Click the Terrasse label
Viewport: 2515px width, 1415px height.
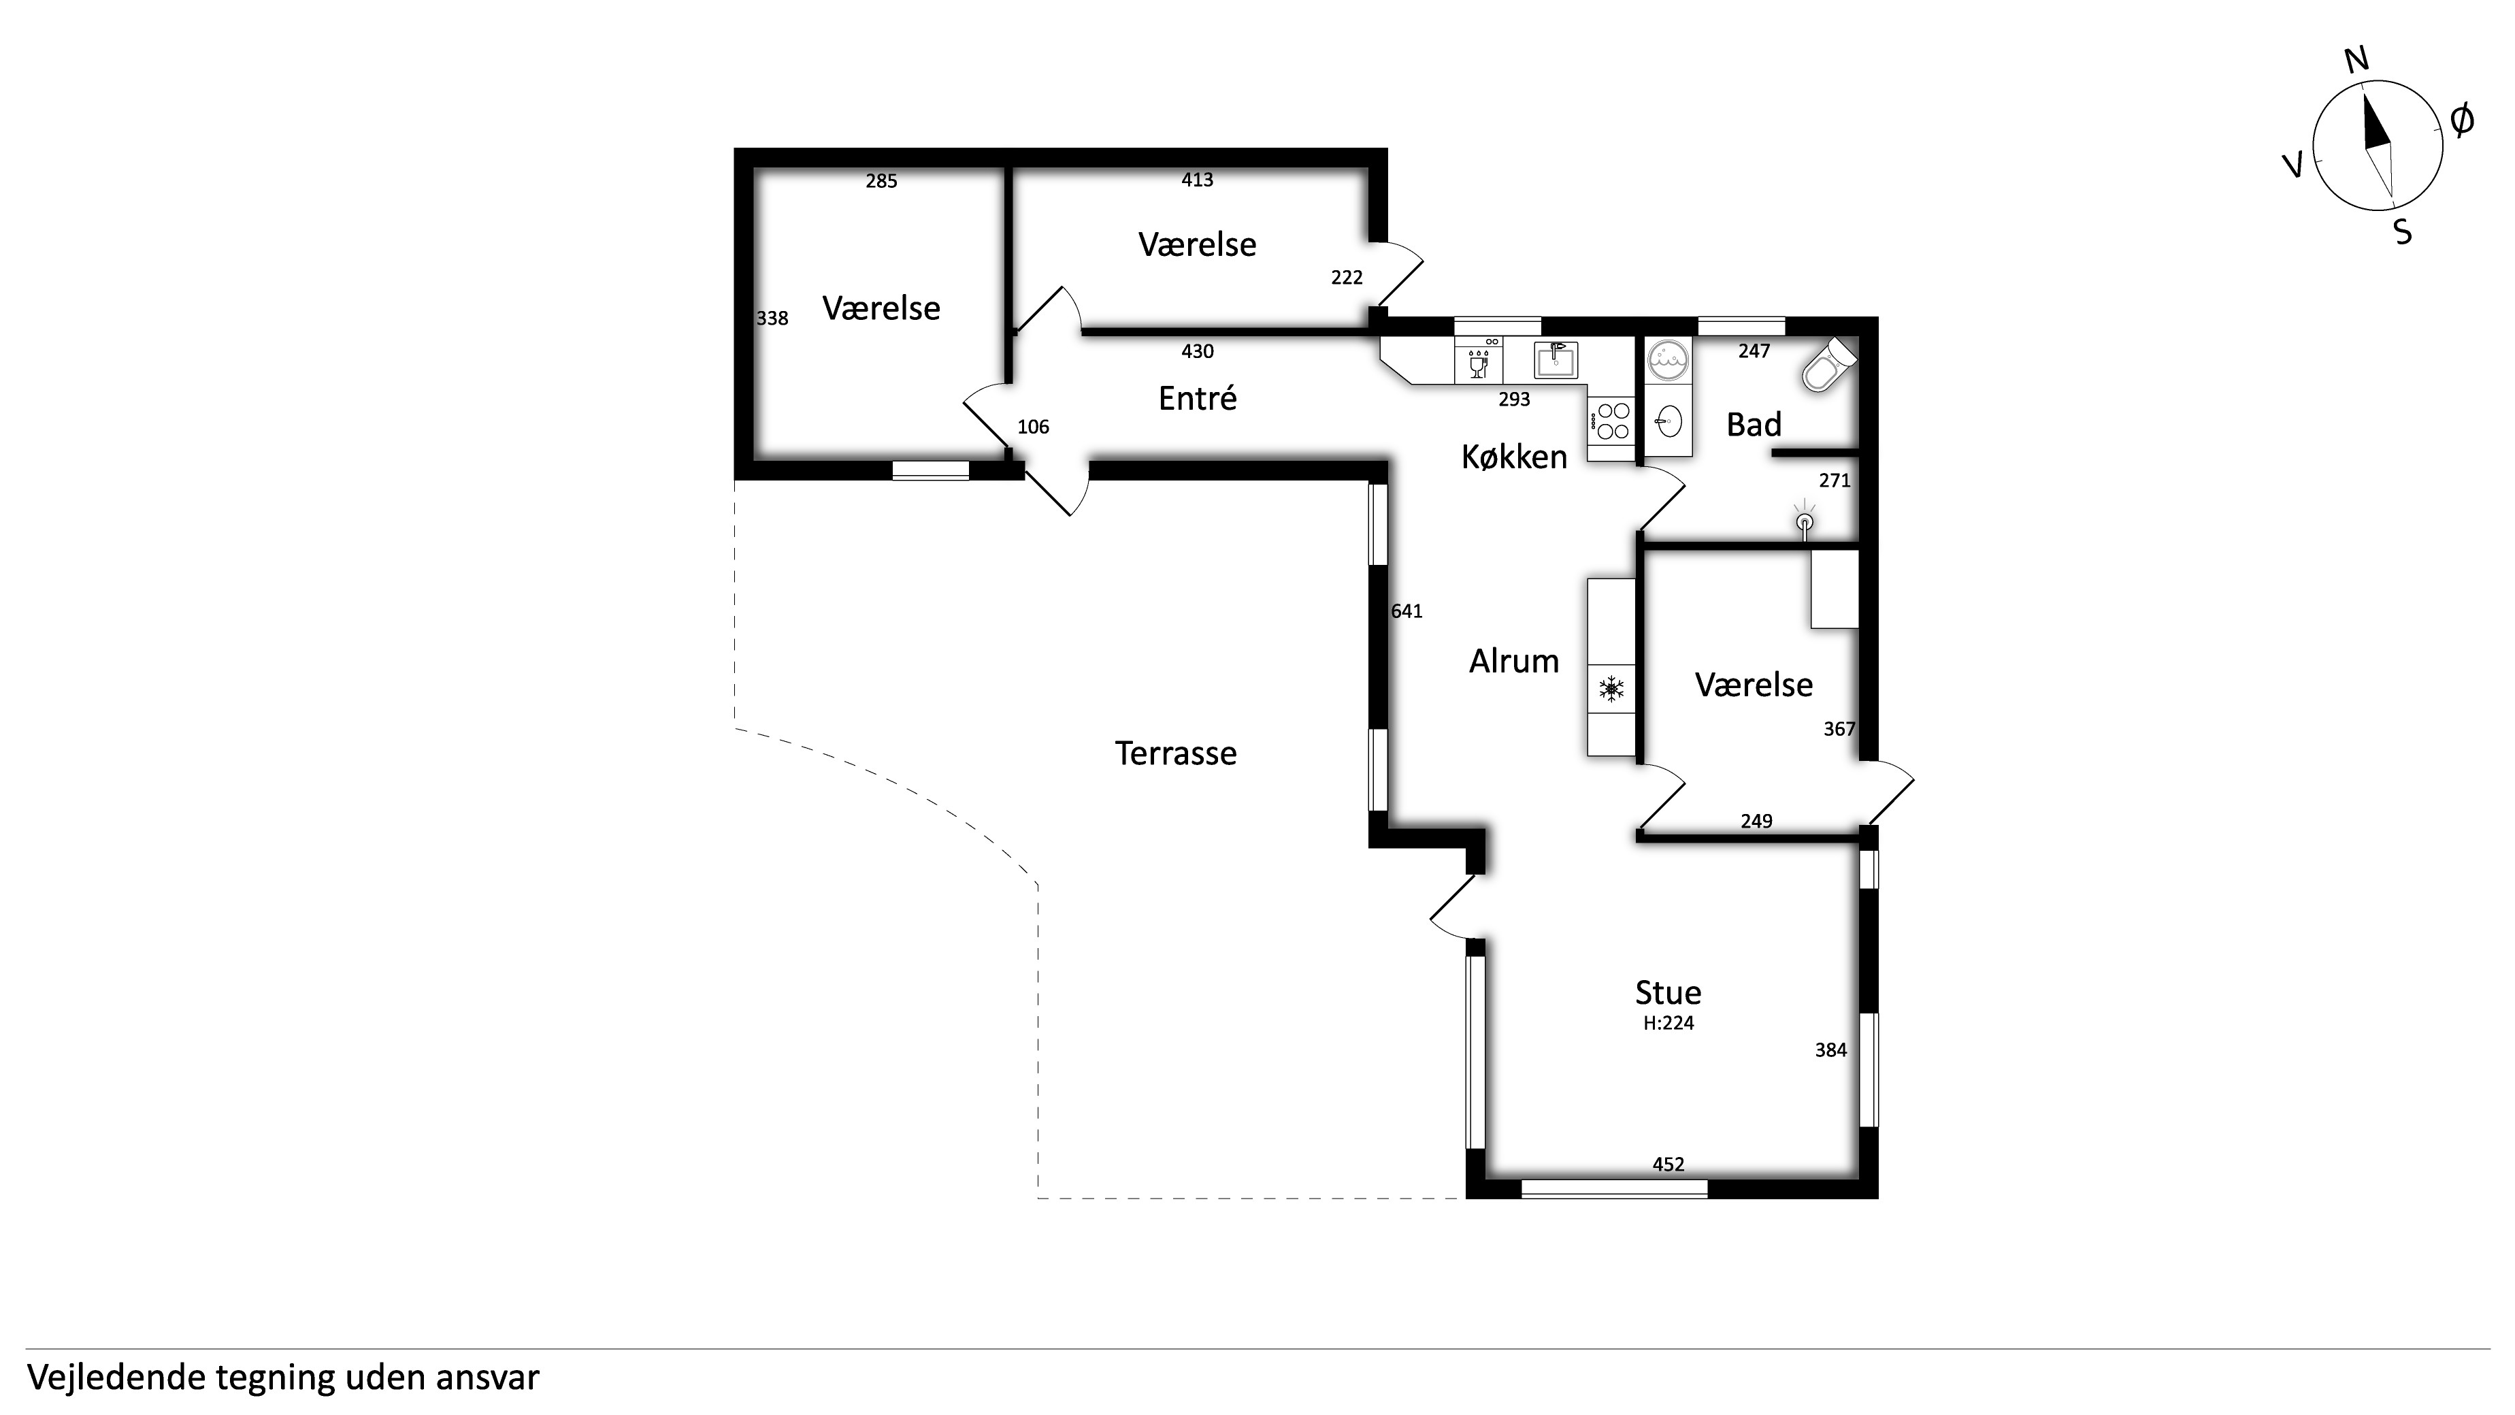(x=1175, y=753)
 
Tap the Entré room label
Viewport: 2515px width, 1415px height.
(x=1197, y=397)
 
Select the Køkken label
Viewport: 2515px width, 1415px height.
(x=1513, y=456)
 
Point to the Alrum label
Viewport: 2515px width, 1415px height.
(x=1513, y=661)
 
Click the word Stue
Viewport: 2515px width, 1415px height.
(x=1668, y=992)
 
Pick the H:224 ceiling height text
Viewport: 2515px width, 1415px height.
(x=1669, y=1024)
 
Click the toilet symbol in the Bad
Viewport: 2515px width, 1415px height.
(x=1828, y=364)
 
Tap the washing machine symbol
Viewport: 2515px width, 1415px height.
(x=1669, y=359)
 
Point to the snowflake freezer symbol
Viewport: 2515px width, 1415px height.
(x=1611, y=689)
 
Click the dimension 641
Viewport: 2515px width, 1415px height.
(x=1407, y=611)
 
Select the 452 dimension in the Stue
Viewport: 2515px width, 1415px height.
(x=1669, y=1164)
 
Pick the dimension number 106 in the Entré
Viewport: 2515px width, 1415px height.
(x=1033, y=427)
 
